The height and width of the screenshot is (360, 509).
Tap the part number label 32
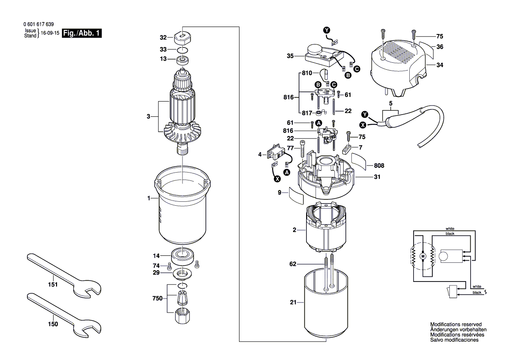click(x=151, y=37)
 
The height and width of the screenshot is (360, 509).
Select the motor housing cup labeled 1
click(x=182, y=209)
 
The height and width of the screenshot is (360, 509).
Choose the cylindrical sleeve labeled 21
click(x=325, y=305)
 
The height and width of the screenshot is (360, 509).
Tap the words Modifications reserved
click(x=455, y=325)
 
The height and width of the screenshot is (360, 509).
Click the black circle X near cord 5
click(x=362, y=125)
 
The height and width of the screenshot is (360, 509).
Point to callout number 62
click(x=293, y=264)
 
